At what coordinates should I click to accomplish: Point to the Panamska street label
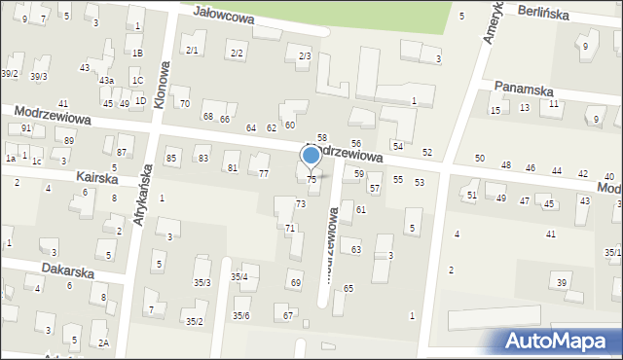[x=523, y=87]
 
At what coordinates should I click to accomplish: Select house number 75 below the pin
[x=311, y=179]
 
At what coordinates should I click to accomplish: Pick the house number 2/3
[x=305, y=55]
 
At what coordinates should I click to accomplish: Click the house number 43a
[x=105, y=81]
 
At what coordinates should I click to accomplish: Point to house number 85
[x=171, y=158]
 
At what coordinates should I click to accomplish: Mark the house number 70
[x=184, y=103]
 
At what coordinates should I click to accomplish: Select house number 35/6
[x=240, y=315]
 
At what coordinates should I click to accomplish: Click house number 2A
[x=103, y=342]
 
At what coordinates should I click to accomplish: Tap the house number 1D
[x=140, y=101]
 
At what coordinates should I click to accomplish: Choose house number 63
[x=356, y=250]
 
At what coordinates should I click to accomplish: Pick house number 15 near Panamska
[x=495, y=110]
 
